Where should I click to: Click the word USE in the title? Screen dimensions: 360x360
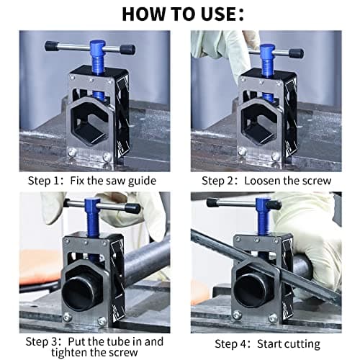[x=217, y=14]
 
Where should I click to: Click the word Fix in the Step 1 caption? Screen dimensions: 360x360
[x=77, y=181]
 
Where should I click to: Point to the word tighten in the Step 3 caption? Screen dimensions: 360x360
[x=69, y=352]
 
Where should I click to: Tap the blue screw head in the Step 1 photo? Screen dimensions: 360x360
[x=98, y=46]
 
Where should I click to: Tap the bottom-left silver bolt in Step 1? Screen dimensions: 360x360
[x=72, y=152]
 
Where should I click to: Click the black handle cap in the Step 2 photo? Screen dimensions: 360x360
[x=297, y=53]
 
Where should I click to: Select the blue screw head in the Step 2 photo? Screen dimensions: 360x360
[x=266, y=50]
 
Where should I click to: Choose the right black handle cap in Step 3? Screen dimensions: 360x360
[x=132, y=208]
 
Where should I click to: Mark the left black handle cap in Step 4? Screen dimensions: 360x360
[x=212, y=203]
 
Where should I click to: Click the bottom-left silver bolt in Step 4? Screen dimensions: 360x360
[x=237, y=315]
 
